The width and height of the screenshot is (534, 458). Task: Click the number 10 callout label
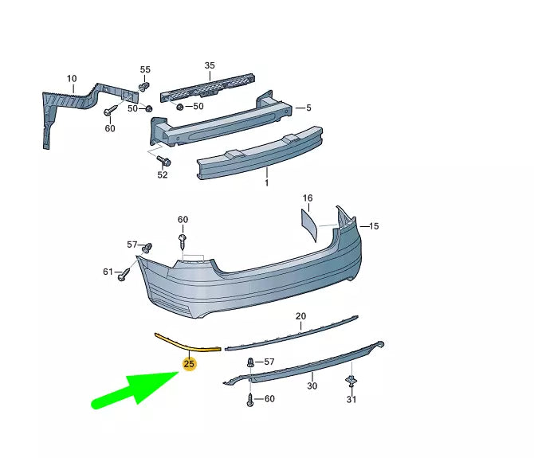72,78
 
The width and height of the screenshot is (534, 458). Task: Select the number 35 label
210,65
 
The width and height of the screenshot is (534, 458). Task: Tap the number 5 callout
308,108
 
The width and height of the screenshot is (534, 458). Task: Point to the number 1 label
266,182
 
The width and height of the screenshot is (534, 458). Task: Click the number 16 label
308,197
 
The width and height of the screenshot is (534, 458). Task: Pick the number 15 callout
374,226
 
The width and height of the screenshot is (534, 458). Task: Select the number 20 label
300,315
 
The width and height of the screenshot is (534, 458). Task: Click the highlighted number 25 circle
189,365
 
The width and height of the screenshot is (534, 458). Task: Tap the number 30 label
312,386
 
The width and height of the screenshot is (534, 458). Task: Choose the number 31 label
351,399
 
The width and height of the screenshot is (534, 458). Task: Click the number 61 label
108,272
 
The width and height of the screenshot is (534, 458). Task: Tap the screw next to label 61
126,275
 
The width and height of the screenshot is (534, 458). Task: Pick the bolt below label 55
144,86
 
